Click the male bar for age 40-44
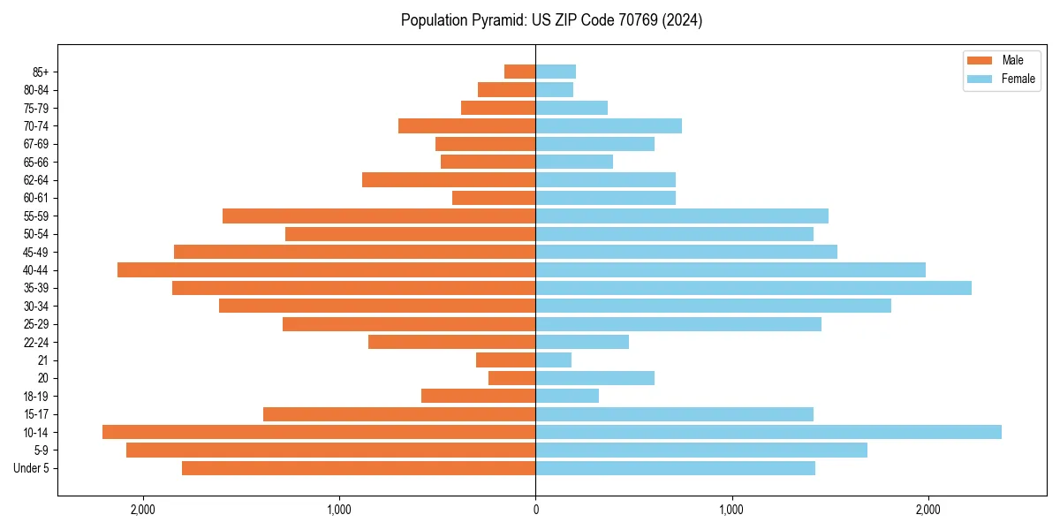coord(326,270)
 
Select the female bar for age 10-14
coord(768,432)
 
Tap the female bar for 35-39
coord(753,288)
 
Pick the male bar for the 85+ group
coord(519,72)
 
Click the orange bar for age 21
coord(505,360)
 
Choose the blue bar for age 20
coord(594,378)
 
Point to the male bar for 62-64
coord(449,180)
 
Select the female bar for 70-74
coord(609,126)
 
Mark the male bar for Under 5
coord(359,468)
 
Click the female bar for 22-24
coord(582,342)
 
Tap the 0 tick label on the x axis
coord(535,510)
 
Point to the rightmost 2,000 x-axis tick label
coord(927,510)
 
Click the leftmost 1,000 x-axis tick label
coord(339,510)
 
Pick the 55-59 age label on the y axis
coord(36,216)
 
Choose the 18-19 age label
coord(36,397)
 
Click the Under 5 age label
coord(32,468)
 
